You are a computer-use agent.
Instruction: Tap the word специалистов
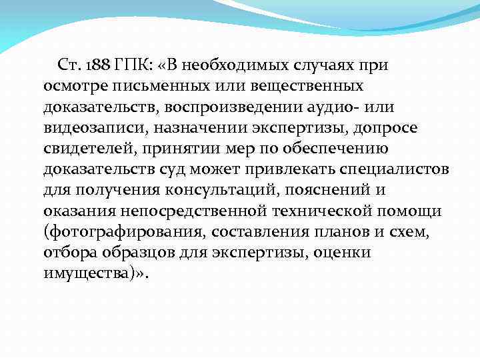(394, 169)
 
